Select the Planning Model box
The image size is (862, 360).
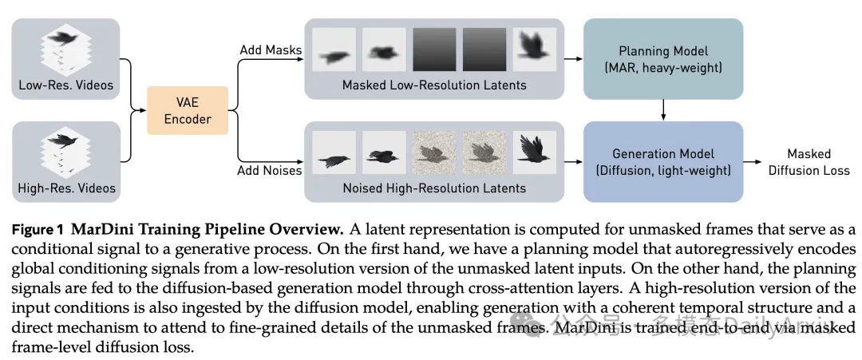(x=663, y=59)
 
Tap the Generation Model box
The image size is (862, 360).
(x=663, y=162)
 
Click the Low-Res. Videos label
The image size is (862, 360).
(x=66, y=85)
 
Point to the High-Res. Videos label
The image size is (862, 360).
(x=66, y=188)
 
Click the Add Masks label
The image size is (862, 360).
(x=271, y=50)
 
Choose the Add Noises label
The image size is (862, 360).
(x=271, y=170)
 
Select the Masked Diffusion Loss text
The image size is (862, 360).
(x=809, y=162)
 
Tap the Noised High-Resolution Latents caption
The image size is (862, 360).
(x=434, y=188)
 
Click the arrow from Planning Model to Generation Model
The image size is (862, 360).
(x=663, y=110)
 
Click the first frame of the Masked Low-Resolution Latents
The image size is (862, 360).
(x=332, y=52)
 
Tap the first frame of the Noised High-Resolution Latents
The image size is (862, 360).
(x=332, y=153)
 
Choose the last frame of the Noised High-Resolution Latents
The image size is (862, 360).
(x=534, y=153)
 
